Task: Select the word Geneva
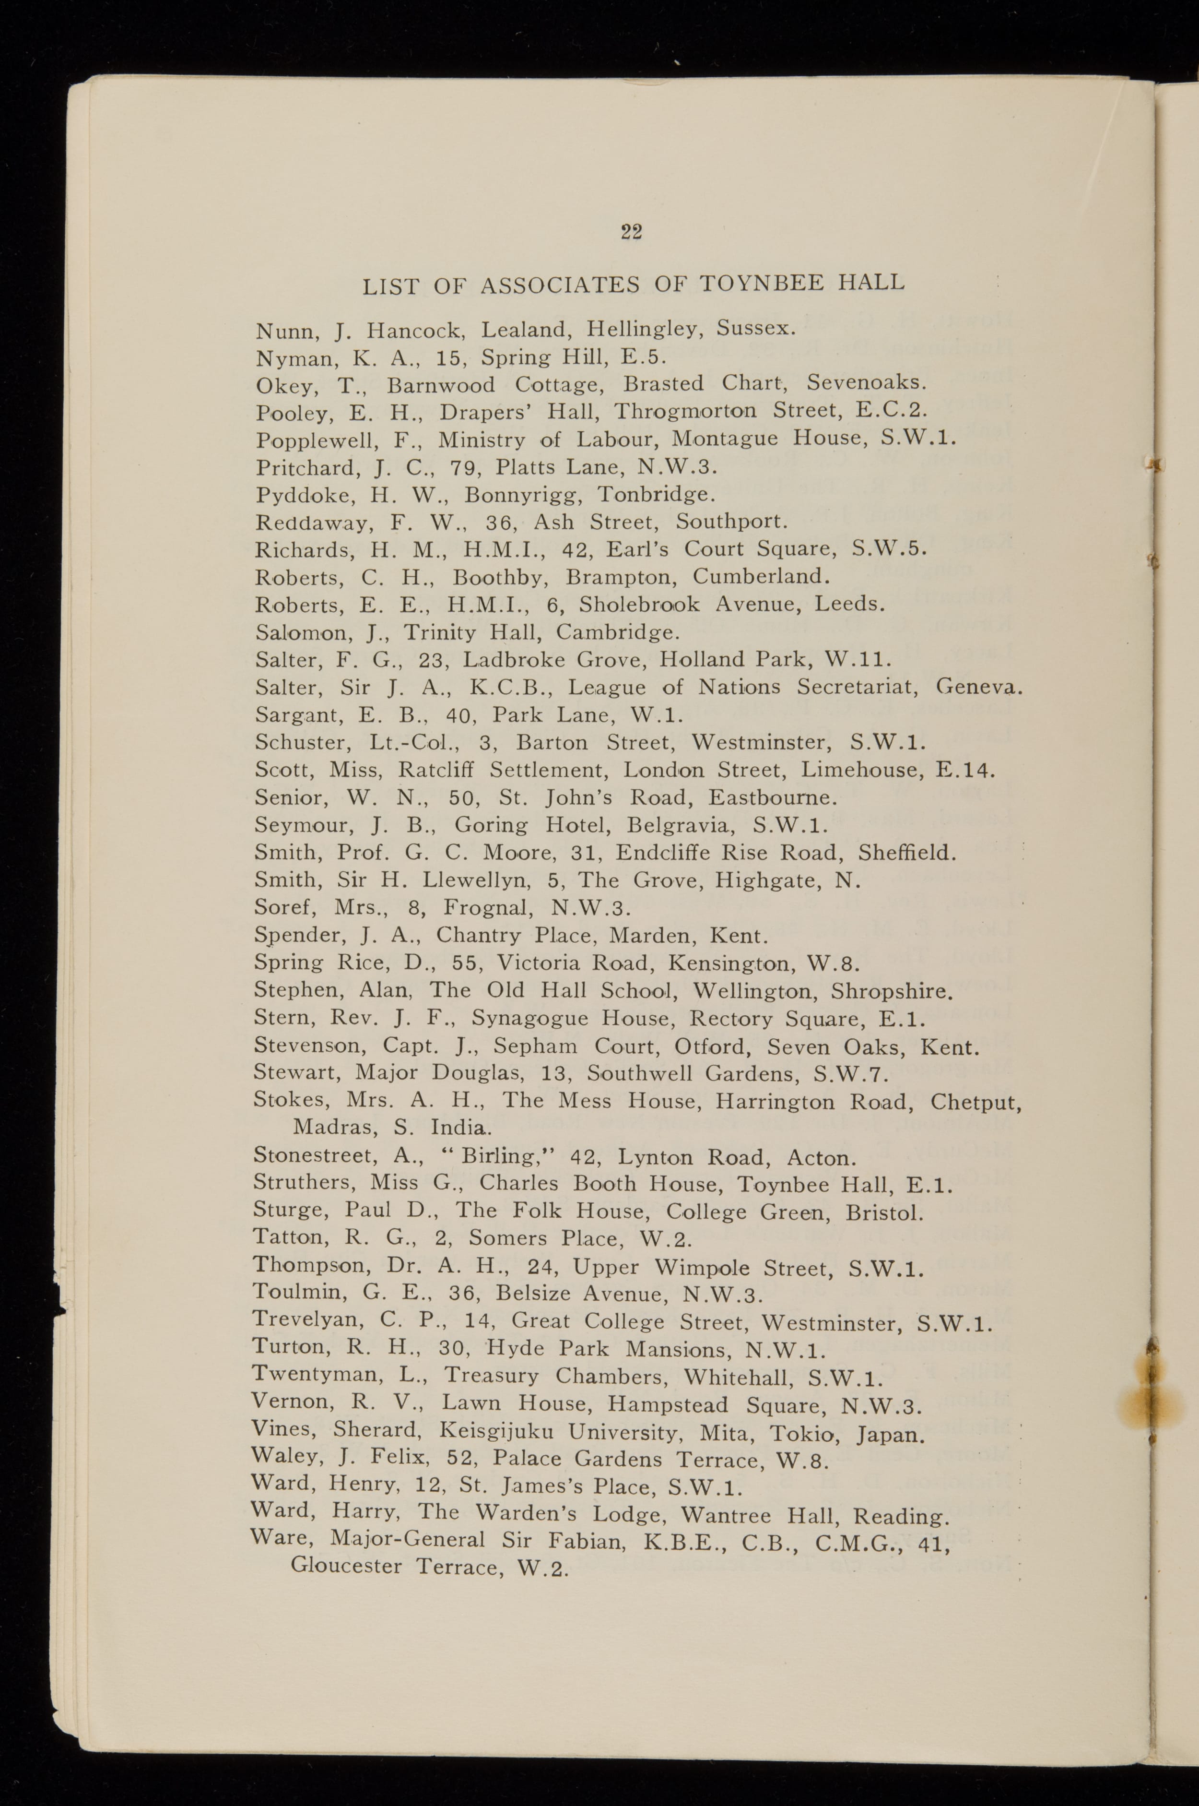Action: [x=979, y=687]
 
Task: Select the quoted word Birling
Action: [x=505, y=1156]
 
